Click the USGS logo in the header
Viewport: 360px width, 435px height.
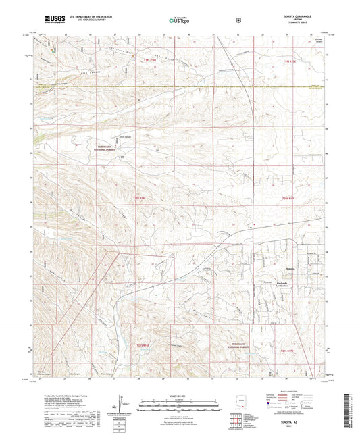click(45, 20)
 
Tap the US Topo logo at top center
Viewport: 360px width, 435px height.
click(178, 20)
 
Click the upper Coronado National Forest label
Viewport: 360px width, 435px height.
click(118, 148)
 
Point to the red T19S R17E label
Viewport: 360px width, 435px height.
click(277, 60)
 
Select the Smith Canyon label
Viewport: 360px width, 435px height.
click(118, 139)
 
